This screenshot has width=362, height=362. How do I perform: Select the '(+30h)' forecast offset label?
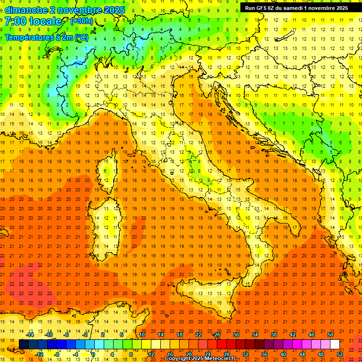click(x=82, y=21)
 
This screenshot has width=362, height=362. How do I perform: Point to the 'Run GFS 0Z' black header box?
click(x=296, y=8)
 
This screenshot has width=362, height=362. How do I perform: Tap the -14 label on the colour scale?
click(x=30, y=335)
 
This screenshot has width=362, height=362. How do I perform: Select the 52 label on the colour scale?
click(x=340, y=354)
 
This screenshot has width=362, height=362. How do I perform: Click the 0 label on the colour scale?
click(x=93, y=354)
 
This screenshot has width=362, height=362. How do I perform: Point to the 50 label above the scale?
click(x=330, y=335)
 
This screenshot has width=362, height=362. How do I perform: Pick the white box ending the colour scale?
click(x=335, y=345)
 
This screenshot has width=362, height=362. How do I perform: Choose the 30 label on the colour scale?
click(x=236, y=335)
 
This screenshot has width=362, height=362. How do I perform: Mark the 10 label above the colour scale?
click(x=141, y=335)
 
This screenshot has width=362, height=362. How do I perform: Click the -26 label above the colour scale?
click(x=216, y=335)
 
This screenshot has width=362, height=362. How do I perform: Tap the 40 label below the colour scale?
click(x=283, y=354)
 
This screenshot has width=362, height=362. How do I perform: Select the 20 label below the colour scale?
click(x=189, y=354)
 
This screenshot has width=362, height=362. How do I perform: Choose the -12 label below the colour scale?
click(x=39, y=354)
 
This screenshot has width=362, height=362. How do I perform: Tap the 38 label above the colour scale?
click(x=273, y=335)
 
